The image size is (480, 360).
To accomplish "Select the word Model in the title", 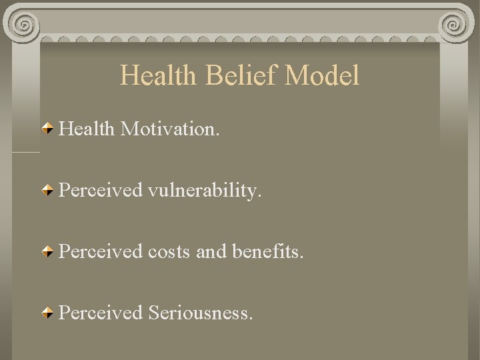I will point(322,75).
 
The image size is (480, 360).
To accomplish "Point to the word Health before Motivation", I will point(87,129).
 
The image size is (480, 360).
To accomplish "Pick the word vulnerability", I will point(205,191).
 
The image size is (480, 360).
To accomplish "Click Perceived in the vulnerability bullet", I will point(101,191).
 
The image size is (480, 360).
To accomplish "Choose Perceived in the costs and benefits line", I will point(101,252).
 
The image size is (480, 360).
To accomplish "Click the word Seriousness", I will point(201,312).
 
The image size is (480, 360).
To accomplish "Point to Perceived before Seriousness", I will point(101,312).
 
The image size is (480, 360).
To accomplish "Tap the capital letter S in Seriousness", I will point(154,312).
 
